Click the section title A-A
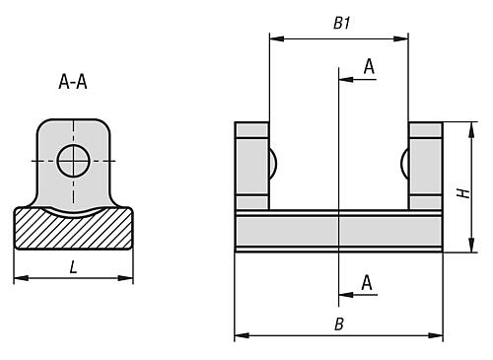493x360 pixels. (73, 82)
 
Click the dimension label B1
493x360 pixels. (342, 24)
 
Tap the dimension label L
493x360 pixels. (73, 267)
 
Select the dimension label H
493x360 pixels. (463, 193)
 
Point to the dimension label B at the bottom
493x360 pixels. (339, 324)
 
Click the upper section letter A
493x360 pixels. (369, 66)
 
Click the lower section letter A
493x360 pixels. (367, 282)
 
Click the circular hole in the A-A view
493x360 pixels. (74, 161)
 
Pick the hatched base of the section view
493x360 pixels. (73, 229)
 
